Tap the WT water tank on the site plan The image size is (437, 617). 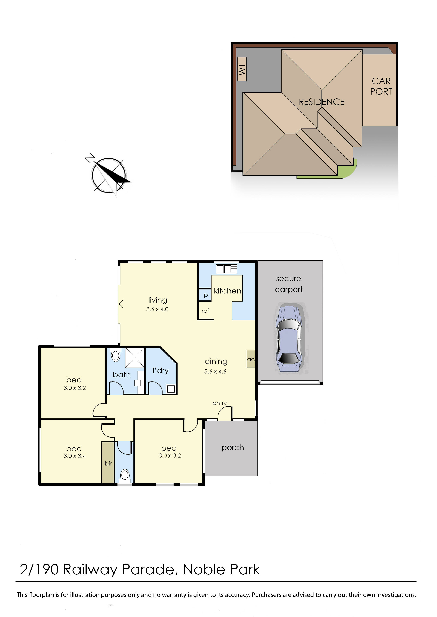242,69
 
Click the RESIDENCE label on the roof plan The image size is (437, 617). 322,102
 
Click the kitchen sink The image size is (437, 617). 227,269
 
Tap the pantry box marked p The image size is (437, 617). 205,295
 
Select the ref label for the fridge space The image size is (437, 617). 205,311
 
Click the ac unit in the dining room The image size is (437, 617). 251,359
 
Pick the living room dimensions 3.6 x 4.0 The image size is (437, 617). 157,309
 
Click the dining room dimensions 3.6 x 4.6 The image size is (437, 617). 215,372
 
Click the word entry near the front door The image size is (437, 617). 220,403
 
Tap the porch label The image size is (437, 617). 233,448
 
